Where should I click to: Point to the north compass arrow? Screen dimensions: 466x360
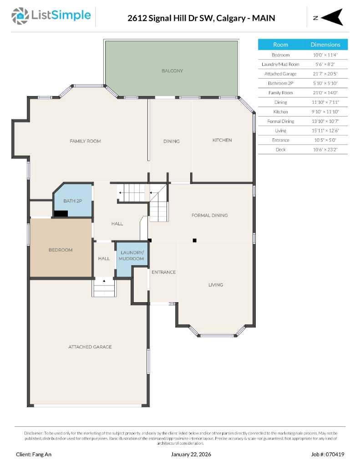tap(333, 17)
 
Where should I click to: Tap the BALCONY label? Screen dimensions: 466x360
tap(172, 71)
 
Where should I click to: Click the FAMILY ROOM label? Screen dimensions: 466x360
tap(85, 141)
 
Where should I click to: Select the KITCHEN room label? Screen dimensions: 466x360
tap(222, 140)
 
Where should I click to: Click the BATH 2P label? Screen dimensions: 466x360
tap(72, 201)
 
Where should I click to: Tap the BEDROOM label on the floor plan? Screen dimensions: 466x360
tap(61, 250)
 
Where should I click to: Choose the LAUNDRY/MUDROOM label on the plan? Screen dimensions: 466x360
tap(132, 255)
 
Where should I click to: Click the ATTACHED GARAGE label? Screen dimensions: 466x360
tap(90, 347)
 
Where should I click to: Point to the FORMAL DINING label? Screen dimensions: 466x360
tap(209, 215)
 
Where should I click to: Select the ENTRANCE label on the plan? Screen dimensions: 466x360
tap(163, 272)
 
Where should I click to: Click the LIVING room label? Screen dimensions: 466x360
tap(216, 285)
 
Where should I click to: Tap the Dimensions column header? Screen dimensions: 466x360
tap(325, 45)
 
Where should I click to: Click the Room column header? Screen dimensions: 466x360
tap(280, 45)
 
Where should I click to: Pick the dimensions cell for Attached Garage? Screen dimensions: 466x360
tap(325, 74)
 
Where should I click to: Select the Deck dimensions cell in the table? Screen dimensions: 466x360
tap(325, 149)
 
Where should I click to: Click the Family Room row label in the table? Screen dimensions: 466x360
tap(280, 93)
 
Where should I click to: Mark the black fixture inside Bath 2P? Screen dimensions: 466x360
tap(61, 213)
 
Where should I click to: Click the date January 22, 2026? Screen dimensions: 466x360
tap(191, 454)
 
